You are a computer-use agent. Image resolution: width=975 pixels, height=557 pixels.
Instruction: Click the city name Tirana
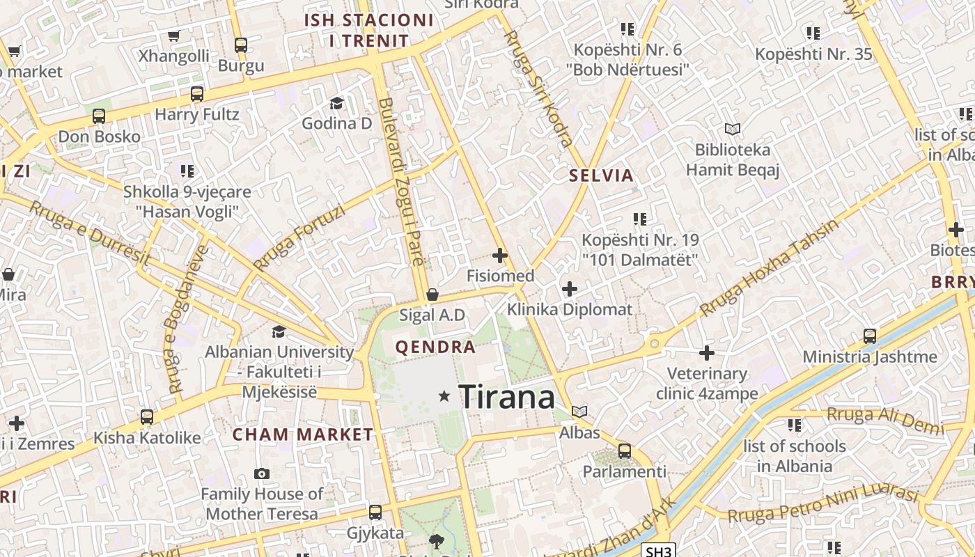click(507, 397)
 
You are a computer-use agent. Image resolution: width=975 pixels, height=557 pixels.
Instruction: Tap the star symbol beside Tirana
click(444, 396)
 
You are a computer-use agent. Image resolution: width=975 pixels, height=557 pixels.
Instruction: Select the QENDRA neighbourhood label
click(436, 347)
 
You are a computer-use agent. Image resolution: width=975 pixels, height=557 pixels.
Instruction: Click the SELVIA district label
click(601, 175)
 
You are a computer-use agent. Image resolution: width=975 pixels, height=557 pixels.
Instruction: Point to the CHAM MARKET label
click(303, 435)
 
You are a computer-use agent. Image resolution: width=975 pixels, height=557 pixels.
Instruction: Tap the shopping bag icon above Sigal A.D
click(432, 295)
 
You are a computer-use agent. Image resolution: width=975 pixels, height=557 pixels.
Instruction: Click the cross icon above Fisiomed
click(500, 256)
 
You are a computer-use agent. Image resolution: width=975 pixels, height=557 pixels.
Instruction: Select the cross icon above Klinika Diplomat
click(570, 288)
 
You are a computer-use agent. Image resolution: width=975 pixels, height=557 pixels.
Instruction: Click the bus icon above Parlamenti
click(625, 451)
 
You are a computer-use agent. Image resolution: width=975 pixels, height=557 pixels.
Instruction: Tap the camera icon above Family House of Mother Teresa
click(262, 474)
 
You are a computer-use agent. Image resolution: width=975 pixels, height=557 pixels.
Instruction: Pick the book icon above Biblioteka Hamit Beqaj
click(732, 129)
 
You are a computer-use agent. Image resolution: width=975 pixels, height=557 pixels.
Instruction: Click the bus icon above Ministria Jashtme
click(870, 336)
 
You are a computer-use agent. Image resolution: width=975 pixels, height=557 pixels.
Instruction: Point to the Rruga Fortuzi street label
click(299, 237)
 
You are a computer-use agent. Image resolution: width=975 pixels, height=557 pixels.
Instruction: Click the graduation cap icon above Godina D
click(337, 103)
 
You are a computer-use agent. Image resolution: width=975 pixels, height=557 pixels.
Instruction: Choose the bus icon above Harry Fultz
click(197, 94)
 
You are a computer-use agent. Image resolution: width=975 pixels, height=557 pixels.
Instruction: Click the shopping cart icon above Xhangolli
click(174, 36)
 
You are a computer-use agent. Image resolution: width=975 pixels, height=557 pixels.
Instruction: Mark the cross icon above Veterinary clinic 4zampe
click(707, 353)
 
